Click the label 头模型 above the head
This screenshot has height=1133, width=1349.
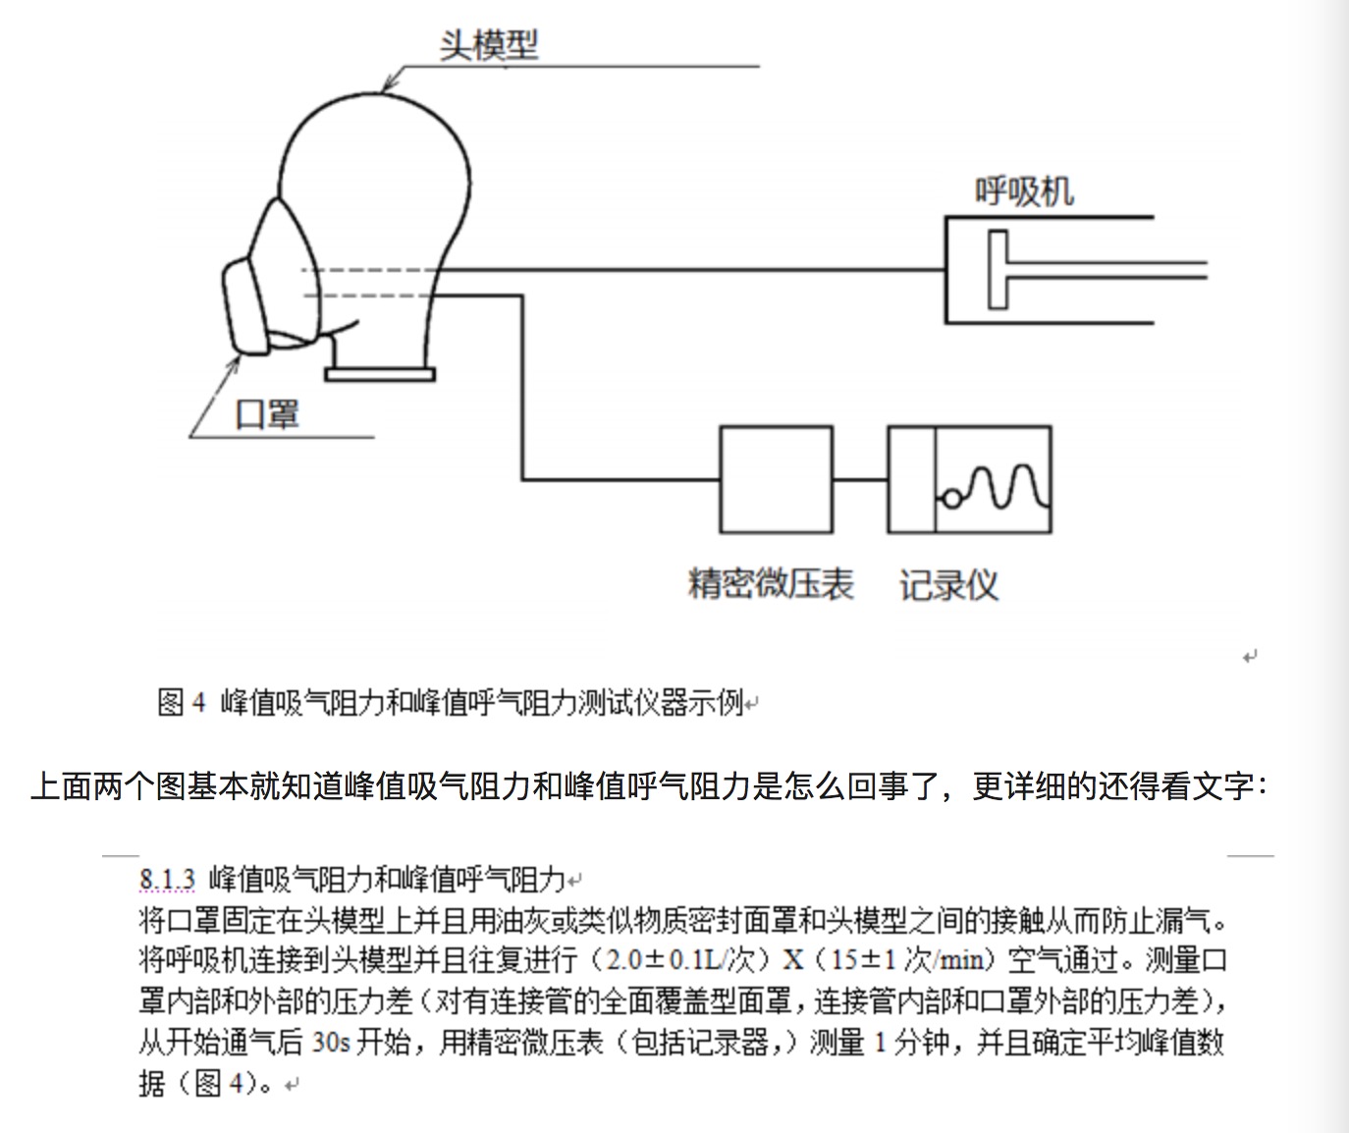pyautogui.click(x=489, y=45)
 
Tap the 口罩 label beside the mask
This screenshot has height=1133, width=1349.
pyautogui.click(x=267, y=414)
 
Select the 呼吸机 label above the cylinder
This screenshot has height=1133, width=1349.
pyautogui.click(x=1024, y=191)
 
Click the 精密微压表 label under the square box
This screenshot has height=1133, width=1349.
pyautogui.click(x=771, y=584)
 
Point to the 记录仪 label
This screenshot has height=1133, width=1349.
pyautogui.click(x=948, y=585)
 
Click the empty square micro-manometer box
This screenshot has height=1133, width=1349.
pyautogui.click(x=776, y=479)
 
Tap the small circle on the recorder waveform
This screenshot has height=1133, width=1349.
pyautogui.click(x=951, y=499)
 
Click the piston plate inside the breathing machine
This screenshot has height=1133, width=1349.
pyautogui.click(x=998, y=269)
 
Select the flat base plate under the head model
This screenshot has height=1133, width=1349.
pyautogui.click(x=380, y=374)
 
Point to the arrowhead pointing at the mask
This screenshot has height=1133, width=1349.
pyautogui.click(x=234, y=365)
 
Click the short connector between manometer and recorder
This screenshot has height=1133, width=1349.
pyautogui.click(x=860, y=479)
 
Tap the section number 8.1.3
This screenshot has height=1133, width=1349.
pyautogui.click(x=167, y=879)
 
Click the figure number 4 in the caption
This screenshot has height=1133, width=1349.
pyautogui.click(x=198, y=702)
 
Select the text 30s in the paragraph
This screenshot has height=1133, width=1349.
pyautogui.click(x=331, y=1042)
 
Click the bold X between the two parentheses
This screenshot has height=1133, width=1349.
pyautogui.click(x=793, y=960)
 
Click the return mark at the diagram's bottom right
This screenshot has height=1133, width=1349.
pyautogui.click(x=1250, y=657)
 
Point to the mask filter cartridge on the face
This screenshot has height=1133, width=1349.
pyautogui.click(x=244, y=307)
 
